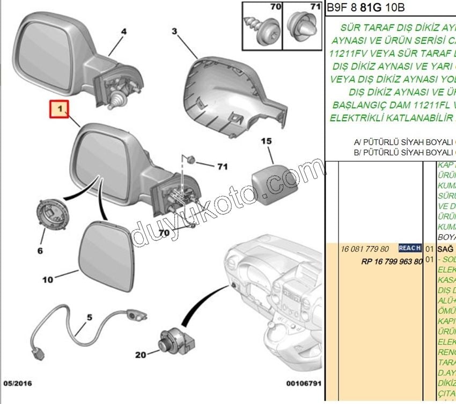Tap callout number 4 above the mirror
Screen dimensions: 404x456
coord(123,32)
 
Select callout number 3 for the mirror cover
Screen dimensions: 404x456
coord(174,32)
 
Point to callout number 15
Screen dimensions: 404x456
coord(267,141)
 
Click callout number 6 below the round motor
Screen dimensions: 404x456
coord(40,250)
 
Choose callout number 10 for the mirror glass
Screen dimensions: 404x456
coord(48,279)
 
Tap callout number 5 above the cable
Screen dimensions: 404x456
coord(90,317)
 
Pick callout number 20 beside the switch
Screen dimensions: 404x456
coord(141,354)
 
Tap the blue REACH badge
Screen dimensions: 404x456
coord(410,249)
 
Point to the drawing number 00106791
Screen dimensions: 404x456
coord(303,383)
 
